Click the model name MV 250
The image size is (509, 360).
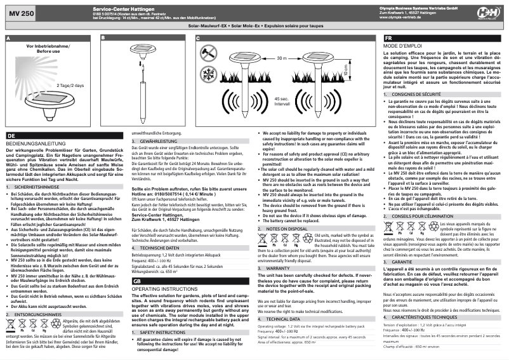click(x=18, y=13)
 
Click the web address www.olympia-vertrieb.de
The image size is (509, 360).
click(x=406, y=18)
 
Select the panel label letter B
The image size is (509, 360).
click(x=103, y=39)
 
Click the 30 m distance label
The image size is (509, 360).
click(x=282, y=58)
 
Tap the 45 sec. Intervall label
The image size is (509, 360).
click(x=283, y=101)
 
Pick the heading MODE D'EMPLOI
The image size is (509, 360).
click(x=403, y=47)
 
